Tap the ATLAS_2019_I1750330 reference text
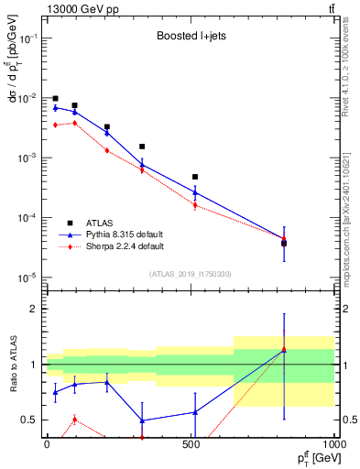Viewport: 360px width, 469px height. tap(190, 273)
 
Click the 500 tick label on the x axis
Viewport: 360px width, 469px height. tap(191, 442)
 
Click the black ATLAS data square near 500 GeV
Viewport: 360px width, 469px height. tap(195, 177)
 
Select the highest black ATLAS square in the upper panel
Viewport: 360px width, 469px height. tap(55, 98)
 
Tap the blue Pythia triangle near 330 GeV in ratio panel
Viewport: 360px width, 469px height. tap(142, 420)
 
